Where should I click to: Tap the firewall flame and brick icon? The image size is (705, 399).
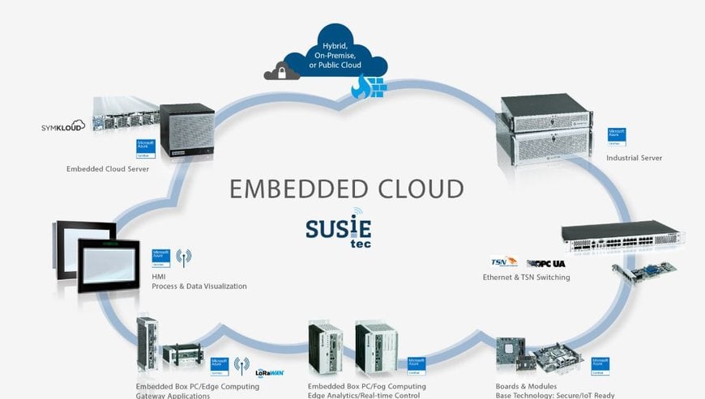(x=369, y=87)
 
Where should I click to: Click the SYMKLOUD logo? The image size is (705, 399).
(x=63, y=127)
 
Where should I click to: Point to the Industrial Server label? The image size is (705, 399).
(x=634, y=158)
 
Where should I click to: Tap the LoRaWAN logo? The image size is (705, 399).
(x=269, y=373)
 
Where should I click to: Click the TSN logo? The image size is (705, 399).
(x=503, y=262)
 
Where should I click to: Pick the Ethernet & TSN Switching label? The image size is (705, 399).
(x=526, y=278)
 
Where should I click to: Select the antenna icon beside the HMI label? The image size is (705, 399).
(x=184, y=258)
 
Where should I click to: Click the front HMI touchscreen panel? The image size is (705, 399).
(x=113, y=265)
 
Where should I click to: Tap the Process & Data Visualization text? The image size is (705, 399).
(x=199, y=286)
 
